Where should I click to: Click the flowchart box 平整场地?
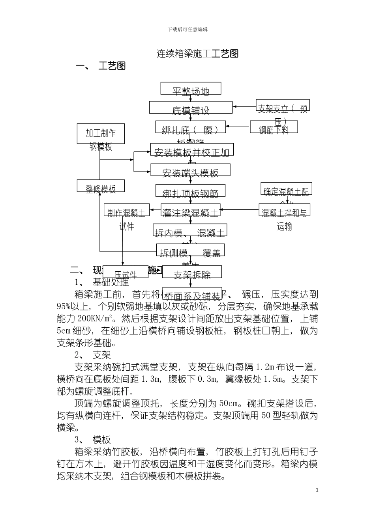pyautogui.click(x=191, y=89)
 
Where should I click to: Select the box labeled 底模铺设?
pyautogui.click(x=191, y=108)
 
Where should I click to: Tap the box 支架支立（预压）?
pyautogui.click(x=283, y=106)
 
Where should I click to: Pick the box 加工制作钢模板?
pyautogui.click(x=101, y=134)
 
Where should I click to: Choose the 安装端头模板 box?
pyautogui.click(x=190, y=170)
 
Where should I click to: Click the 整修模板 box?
pyautogui.click(x=101, y=186)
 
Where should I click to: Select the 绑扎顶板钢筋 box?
pyautogui.click(x=190, y=191)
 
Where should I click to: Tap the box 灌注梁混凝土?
pyautogui.click(x=190, y=211)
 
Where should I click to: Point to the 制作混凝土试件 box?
pyautogui.click(x=126, y=211)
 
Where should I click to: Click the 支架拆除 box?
pyautogui.click(x=192, y=272)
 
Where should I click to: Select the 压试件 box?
pyautogui.click(x=126, y=272)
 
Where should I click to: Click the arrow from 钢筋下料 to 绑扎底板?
pyautogui.click(x=238, y=127)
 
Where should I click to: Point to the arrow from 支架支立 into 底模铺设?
pyautogui.click(x=244, y=106)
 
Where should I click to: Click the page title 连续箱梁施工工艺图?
pyautogui.click(x=197, y=54)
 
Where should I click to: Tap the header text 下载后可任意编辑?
pyautogui.click(x=187, y=30)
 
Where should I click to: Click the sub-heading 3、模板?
pyautogui.click(x=93, y=440)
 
